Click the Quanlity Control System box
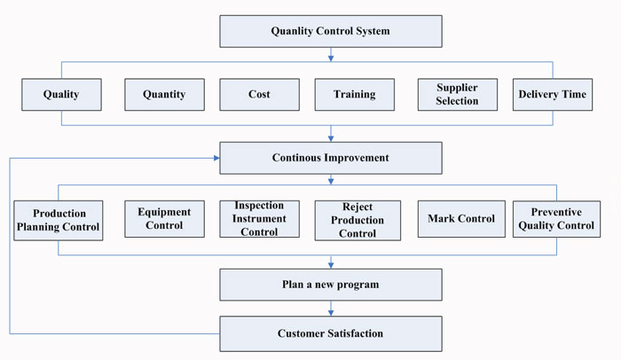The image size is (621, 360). [331, 31]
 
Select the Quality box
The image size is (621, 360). [61, 94]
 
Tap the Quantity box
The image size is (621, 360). [164, 94]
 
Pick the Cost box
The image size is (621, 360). [259, 94]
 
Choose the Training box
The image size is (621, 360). [355, 94]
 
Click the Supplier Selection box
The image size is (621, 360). [458, 94]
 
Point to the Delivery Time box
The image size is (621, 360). [553, 94]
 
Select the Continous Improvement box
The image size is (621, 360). [331, 158]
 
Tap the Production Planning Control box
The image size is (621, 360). [59, 220]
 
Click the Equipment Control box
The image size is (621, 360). [164, 219]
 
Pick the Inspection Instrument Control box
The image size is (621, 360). [259, 219]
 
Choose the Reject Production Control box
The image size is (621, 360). [358, 220]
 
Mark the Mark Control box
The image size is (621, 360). [461, 219]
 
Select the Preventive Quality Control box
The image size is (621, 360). [556, 219]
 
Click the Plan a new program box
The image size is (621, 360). [331, 285]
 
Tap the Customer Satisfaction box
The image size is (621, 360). [331, 333]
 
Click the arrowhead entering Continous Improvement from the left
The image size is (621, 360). [216, 158]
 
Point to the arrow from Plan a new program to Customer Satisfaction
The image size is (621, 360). [331, 308]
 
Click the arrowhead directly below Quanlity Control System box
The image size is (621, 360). [331, 59]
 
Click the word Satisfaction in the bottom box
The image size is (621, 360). [355, 333]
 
